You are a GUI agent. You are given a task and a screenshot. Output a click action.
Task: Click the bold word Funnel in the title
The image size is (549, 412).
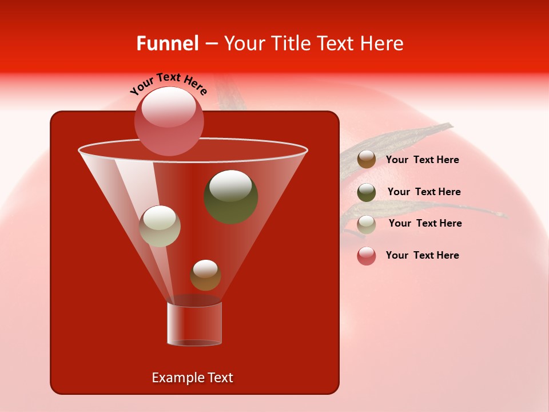click(x=167, y=43)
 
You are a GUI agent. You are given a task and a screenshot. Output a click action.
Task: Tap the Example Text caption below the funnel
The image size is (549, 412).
click(x=192, y=378)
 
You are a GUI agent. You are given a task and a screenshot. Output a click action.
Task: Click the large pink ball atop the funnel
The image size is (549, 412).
click(x=169, y=121)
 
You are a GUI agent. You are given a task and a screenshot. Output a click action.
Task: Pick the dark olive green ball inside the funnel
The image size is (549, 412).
click(x=230, y=196)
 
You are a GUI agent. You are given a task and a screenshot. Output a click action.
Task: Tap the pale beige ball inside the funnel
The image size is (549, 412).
click(x=160, y=226)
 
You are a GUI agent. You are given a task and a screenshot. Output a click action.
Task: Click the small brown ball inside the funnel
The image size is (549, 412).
click(x=205, y=275)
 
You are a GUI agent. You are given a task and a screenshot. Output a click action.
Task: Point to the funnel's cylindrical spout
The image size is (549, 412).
click(x=194, y=324)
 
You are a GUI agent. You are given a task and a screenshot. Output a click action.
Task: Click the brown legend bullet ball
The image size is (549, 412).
click(x=367, y=160)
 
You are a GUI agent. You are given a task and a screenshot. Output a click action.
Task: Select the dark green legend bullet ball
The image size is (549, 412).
click(x=367, y=192)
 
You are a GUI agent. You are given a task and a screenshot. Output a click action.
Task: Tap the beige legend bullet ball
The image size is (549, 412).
click(x=367, y=224)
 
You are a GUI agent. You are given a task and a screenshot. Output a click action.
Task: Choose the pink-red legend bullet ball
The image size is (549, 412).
click(x=367, y=256)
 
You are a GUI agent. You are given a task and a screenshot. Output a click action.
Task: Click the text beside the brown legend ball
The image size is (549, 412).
click(x=422, y=160)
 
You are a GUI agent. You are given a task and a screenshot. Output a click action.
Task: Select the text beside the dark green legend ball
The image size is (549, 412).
click(x=424, y=192)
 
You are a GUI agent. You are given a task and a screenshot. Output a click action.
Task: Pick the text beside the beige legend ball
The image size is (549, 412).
click(x=425, y=223)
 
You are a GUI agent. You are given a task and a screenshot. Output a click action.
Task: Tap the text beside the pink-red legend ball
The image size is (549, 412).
click(x=422, y=255)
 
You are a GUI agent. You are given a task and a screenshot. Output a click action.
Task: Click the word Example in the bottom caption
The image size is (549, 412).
click(x=174, y=378)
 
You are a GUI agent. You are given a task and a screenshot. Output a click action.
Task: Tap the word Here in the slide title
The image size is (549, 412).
click(x=381, y=43)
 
